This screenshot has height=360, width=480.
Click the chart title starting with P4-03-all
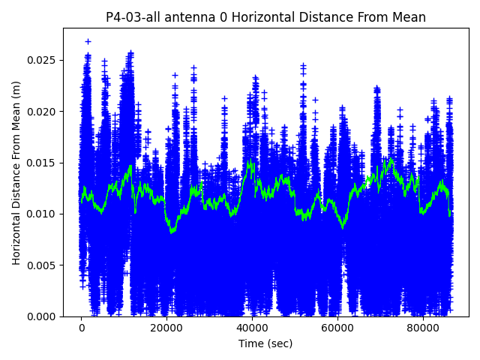coord(265,17)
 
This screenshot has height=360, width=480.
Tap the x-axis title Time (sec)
coord(265,343)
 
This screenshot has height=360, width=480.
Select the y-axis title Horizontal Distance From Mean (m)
coord(16,172)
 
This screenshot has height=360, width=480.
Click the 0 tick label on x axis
coord(82,328)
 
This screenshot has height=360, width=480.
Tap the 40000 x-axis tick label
coord(252,328)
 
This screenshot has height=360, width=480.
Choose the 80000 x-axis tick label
coord(422,328)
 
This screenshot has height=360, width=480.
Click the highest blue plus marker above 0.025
coord(88,41)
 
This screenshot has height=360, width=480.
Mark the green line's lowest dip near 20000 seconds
coord(172,232)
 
